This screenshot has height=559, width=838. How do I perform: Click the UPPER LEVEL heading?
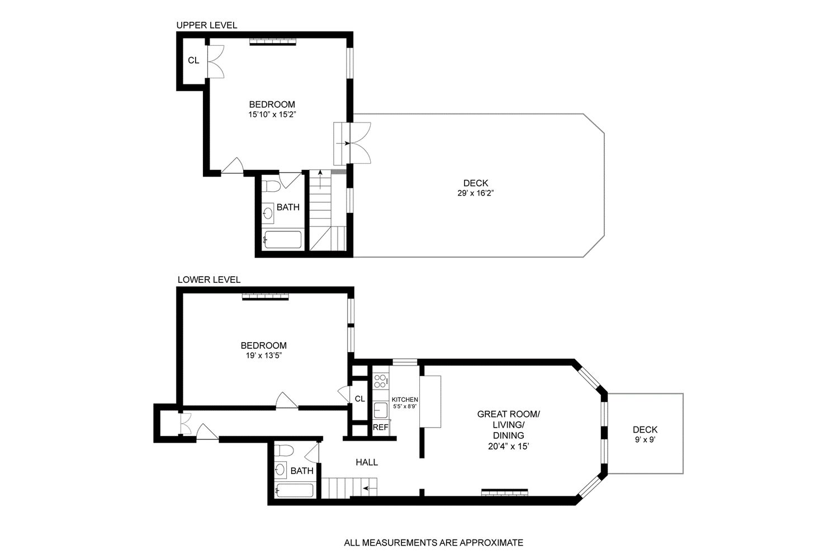click(206, 25)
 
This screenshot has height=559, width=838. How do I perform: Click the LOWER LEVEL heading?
click(209, 279)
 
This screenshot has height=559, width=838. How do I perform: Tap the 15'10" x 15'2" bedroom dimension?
click(272, 115)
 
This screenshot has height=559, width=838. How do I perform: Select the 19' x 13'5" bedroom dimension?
click(263, 356)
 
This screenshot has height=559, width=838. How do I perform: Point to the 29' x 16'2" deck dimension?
click(476, 193)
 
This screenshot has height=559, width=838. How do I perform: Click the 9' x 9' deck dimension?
click(645, 440)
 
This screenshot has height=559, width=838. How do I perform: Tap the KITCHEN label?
click(405, 400)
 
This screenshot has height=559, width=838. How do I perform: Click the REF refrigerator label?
click(380, 427)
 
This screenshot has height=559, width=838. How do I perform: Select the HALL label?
click(367, 462)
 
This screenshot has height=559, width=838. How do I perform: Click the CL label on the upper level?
click(193, 60)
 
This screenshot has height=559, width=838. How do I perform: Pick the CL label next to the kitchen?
click(359, 399)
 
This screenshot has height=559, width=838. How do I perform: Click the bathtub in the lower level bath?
click(295, 490)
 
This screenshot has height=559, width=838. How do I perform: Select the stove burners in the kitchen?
click(380, 381)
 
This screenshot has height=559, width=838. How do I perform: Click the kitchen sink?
click(381, 410)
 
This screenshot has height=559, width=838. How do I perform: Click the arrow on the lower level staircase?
click(368, 488)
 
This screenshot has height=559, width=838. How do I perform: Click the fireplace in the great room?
click(505, 492)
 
